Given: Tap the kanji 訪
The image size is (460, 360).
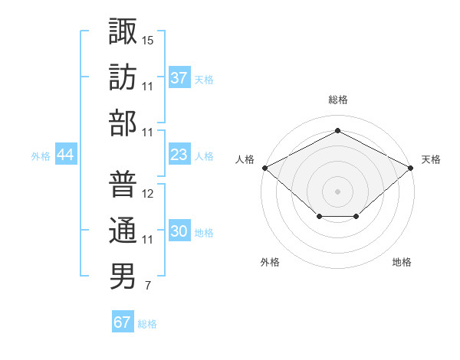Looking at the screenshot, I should coord(123,77).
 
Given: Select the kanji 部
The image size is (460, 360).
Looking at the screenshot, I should coord(123,123).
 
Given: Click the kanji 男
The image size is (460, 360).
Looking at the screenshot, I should coord(123,277).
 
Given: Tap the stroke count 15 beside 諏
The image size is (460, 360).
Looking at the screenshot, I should coord(148,38).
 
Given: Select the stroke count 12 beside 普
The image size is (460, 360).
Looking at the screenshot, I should coord(148,193).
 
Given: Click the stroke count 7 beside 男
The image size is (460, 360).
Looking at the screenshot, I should coord(148,286).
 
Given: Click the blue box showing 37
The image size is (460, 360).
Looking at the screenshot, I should coord(179,77).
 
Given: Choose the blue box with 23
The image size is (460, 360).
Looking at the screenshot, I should coord(179,155).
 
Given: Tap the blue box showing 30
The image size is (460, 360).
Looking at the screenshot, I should coord(179,232).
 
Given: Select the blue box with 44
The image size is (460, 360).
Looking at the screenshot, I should coord(65,155).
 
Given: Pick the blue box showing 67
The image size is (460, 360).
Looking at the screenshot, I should coord(122,322).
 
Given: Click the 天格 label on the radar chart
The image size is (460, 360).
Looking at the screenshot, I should coord(431,159).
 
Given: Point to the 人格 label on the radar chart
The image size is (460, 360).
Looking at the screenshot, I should coord(245,159).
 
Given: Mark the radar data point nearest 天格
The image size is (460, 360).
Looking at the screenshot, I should coord(412,167).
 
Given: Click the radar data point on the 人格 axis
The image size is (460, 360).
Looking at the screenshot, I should coord(264,167).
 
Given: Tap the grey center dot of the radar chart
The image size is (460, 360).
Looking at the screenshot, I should coord(337,191).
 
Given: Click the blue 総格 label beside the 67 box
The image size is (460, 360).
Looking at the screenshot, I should coord(147,324).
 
